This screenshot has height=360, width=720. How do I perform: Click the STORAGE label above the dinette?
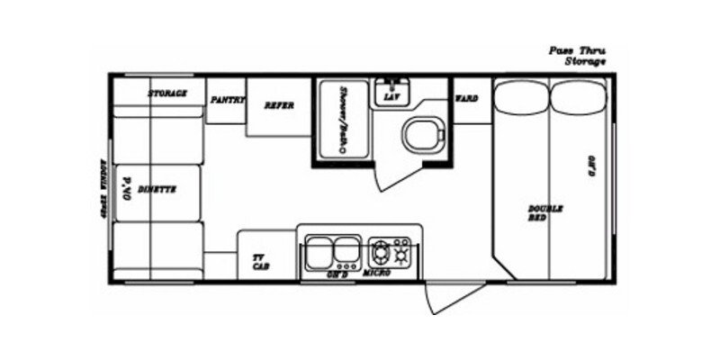[167, 94]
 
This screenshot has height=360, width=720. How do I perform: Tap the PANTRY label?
[228, 100]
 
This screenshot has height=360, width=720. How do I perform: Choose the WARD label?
[466, 97]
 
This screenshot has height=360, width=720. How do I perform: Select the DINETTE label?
[157, 189]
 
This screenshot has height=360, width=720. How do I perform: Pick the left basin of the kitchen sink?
[319, 249]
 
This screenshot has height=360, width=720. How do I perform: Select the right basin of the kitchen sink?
[346, 249]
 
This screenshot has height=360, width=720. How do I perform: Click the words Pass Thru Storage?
[577, 56]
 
